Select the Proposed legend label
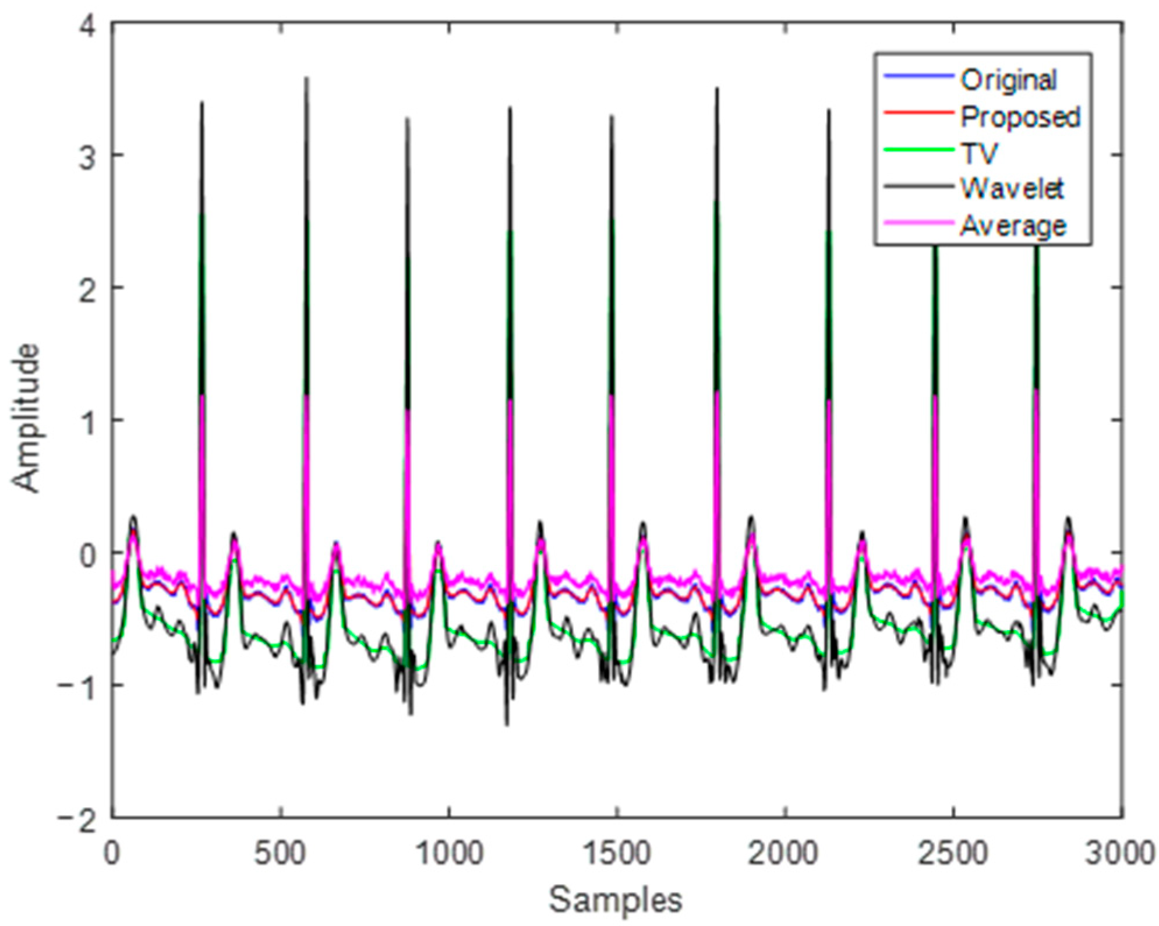pyautogui.click(x=1020, y=116)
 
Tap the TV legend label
pyautogui.click(x=980, y=153)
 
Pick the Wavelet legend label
pyautogui.click(x=1012, y=189)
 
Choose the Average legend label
pyautogui.click(x=1013, y=225)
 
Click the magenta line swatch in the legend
pyautogui.click(x=919, y=222)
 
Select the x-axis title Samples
pyautogui.click(x=616, y=900)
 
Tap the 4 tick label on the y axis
pyautogui.click(x=87, y=27)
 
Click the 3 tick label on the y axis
pyautogui.click(x=87, y=156)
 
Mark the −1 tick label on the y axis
pyautogui.click(x=77, y=686)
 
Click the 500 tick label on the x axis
pyautogui.click(x=281, y=853)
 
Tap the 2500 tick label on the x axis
pyautogui.click(x=953, y=853)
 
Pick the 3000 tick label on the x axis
pyautogui.click(x=1119, y=853)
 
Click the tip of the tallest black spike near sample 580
pyautogui.click(x=306, y=78)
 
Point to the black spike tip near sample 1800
pyautogui.click(x=717, y=89)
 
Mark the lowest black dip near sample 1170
pyautogui.click(x=507, y=724)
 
